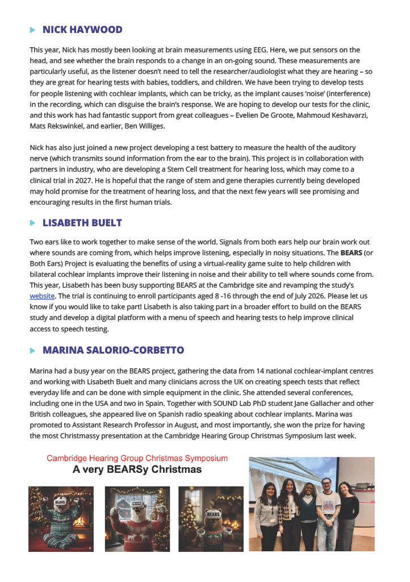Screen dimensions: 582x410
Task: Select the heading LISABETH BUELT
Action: [82, 223]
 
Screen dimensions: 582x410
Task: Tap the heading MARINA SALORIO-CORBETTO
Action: [113, 350]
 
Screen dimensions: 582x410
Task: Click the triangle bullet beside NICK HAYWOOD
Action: [33, 30]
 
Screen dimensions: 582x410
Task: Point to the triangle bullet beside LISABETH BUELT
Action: [33, 223]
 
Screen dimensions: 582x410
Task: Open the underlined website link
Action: [42, 296]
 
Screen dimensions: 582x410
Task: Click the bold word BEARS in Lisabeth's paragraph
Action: [350, 252]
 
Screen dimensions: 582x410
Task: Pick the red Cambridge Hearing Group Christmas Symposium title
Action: [137, 458]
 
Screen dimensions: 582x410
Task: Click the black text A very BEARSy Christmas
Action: [137, 469]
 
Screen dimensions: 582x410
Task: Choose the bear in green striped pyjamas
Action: [61, 519]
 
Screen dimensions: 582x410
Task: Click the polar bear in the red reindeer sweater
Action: [137, 519]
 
